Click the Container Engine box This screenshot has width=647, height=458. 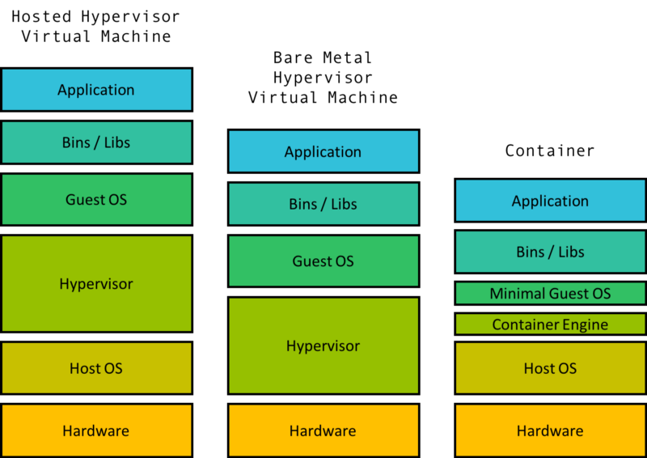point(550,324)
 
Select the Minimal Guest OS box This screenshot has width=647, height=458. point(550,294)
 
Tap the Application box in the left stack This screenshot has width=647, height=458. point(96,90)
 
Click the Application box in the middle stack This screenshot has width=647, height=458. point(323,151)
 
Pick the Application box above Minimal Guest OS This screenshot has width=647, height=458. point(550,201)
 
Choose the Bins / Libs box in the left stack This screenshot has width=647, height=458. point(96,142)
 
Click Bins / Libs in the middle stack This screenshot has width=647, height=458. point(323,204)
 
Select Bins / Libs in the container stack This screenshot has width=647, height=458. point(550,252)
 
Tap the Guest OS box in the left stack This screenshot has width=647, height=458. point(96,199)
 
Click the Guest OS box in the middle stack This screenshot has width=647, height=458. point(323,261)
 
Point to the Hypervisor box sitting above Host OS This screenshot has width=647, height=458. point(96,284)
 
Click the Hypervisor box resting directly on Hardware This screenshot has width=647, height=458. point(323,346)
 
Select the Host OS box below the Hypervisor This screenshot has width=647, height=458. point(96,368)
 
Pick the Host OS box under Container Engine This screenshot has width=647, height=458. point(550,368)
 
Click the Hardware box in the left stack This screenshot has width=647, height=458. point(96,430)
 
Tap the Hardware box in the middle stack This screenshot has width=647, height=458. point(323,430)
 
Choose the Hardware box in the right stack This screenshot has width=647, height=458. point(550,430)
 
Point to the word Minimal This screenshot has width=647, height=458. point(517,294)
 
